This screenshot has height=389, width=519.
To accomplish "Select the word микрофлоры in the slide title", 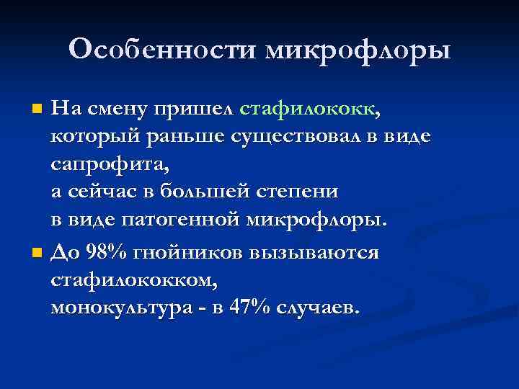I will pyautogui.click(x=358, y=50).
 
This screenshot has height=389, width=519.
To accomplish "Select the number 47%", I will pyautogui.click(x=249, y=308).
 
